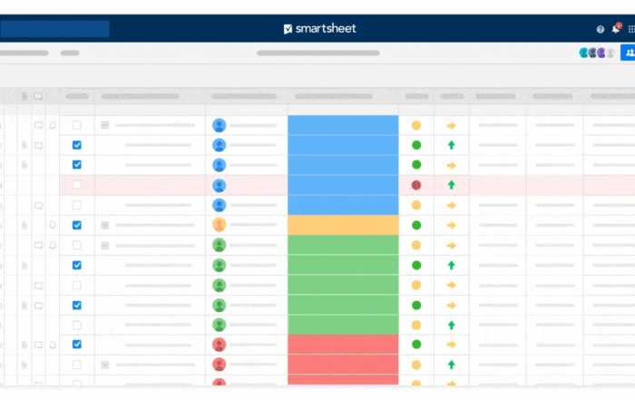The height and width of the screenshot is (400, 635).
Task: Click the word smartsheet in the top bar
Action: click(x=326, y=28)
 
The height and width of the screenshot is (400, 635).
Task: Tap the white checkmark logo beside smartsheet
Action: click(x=288, y=29)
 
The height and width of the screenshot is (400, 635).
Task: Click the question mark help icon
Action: click(x=601, y=29)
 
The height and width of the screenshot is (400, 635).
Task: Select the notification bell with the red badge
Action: click(x=616, y=28)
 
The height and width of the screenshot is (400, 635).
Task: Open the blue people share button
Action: click(x=628, y=53)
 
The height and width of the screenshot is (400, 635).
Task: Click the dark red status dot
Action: click(x=416, y=185)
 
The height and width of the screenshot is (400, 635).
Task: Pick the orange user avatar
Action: click(x=220, y=225)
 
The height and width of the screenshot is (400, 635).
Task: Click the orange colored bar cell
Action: click(x=343, y=225)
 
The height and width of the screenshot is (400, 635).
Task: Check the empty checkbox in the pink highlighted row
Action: click(x=76, y=185)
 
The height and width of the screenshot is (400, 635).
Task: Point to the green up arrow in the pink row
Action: click(x=451, y=185)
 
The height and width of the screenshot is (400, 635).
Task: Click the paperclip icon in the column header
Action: click(x=24, y=96)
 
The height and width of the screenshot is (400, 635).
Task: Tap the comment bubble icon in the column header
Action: click(x=38, y=96)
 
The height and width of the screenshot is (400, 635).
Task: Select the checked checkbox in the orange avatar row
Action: click(x=76, y=225)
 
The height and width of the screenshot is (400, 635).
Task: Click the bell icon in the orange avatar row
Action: click(x=53, y=225)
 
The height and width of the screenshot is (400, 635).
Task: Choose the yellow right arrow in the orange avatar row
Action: click(x=451, y=226)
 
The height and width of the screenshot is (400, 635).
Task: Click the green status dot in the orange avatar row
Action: click(x=416, y=225)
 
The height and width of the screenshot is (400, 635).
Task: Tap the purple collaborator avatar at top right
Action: click(x=601, y=53)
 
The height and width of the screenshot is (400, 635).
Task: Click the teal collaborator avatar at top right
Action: click(x=583, y=53)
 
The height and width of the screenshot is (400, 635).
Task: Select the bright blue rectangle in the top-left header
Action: click(x=54, y=29)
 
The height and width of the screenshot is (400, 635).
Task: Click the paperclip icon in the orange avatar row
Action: click(x=24, y=225)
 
